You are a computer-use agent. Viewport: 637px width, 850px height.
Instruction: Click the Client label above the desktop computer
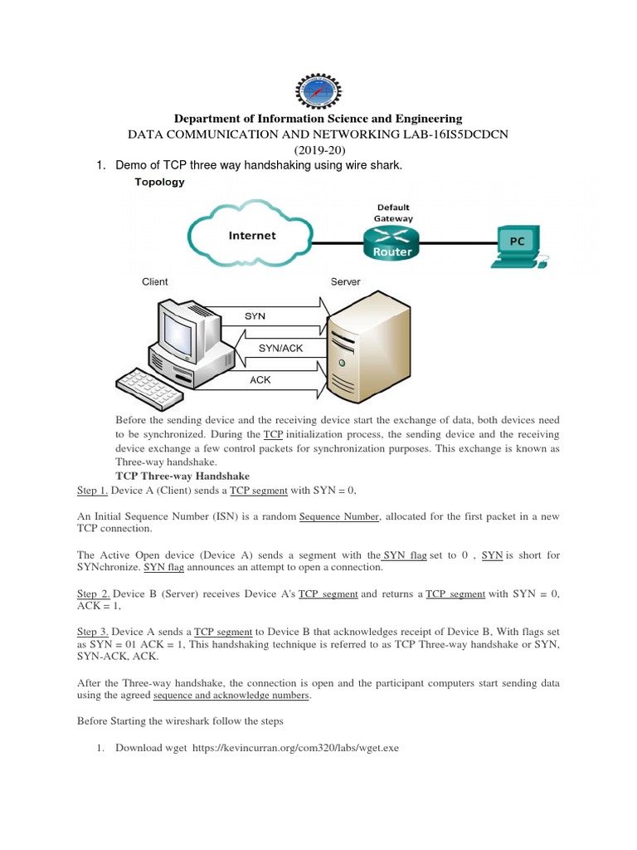point(155,282)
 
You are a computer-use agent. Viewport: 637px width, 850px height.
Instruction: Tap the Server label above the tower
point(345,282)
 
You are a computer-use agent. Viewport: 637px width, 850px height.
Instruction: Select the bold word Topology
point(160,182)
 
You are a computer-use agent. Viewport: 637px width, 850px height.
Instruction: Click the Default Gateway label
point(393,212)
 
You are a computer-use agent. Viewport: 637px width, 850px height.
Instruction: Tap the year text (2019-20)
point(318,149)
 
